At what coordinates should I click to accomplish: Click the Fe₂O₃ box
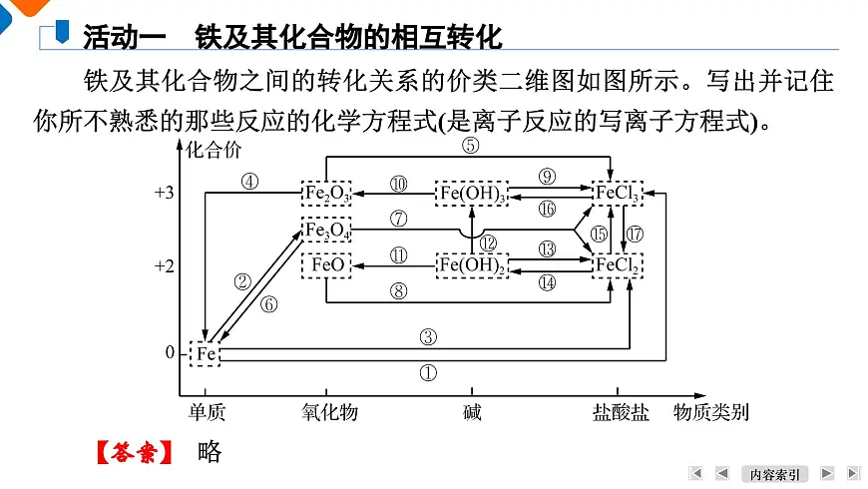tap(326, 193)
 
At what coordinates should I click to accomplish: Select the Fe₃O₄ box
tap(326, 232)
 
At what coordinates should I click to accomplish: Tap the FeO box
tap(326, 265)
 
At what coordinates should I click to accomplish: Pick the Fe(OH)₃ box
tap(471, 193)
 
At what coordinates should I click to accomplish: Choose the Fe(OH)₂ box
tap(471, 265)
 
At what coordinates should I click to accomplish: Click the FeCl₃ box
tap(618, 193)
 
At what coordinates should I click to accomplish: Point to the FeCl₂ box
tap(618, 265)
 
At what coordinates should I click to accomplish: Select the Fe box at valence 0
tap(205, 353)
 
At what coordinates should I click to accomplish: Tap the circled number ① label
tap(427, 373)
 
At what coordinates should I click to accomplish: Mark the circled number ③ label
tap(427, 337)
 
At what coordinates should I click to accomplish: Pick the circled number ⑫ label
tap(487, 243)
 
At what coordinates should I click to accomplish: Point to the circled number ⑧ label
tap(398, 291)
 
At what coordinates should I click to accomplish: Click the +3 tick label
tap(165, 193)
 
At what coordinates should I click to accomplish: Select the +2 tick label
tap(165, 266)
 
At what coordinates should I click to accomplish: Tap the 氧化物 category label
tap(329, 412)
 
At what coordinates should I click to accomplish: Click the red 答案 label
tap(133, 452)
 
